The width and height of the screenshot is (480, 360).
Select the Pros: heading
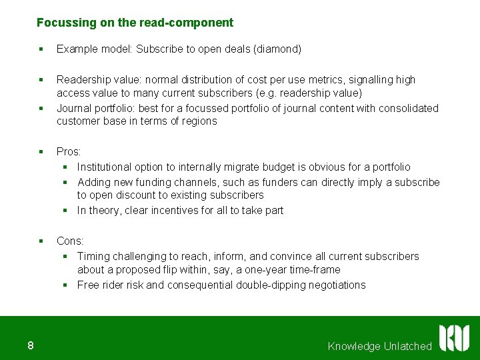click(x=69, y=151)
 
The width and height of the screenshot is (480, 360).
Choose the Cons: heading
click(x=70, y=241)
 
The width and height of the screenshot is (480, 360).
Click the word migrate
click(x=237, y=167)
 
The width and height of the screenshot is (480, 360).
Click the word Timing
click(x=93, y=257)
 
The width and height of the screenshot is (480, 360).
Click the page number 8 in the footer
click(x=31, y=345)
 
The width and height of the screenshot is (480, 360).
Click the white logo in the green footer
click(x=454, y=338)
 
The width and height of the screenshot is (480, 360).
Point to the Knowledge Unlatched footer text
click(x=380, y=346)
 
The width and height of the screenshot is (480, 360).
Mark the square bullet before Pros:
click(x=41, y=151)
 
